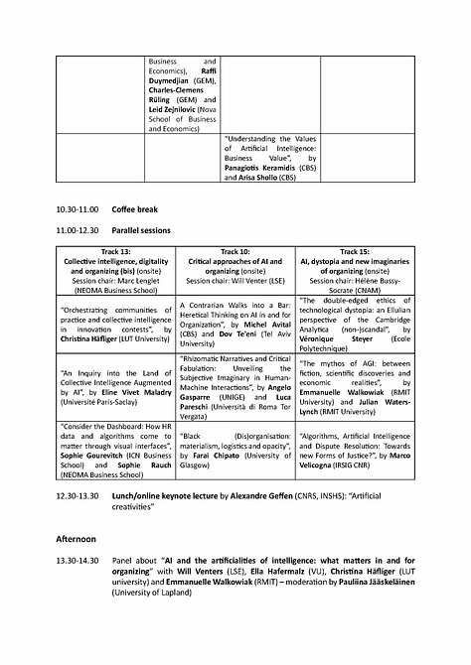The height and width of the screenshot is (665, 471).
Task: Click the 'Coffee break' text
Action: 134,210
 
